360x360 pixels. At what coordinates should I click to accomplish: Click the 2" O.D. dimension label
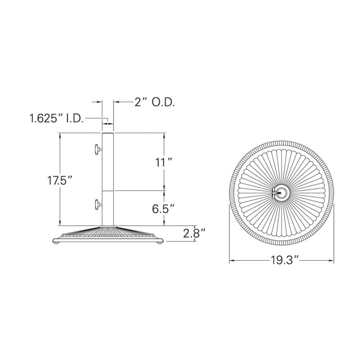(154, 102)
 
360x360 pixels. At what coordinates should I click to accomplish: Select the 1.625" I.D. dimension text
(56, 119)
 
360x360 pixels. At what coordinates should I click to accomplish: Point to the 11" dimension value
(164, 163)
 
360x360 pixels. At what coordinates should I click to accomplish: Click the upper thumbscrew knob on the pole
(97, 150)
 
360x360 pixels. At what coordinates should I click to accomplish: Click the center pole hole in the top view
(281, 193)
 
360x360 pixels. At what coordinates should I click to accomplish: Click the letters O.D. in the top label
(163, 102)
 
